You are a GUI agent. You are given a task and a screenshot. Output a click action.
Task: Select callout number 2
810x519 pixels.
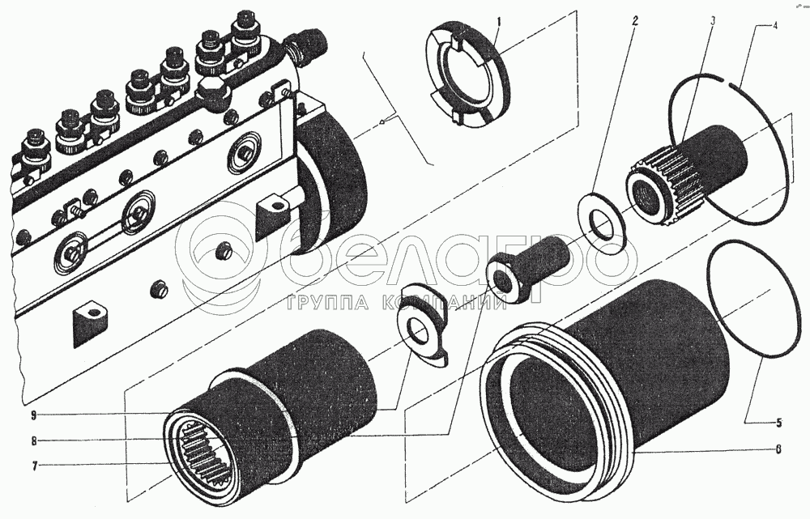tap(635, 21)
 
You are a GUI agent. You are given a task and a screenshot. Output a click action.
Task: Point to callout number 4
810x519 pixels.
tap(775, 27)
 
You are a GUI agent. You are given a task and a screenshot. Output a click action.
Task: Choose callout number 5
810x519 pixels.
tap(778, 422)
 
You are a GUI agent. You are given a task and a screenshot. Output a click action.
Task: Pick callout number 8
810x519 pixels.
tap(33, 441)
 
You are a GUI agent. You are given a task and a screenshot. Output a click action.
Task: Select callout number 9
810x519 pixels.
tap(33, 415)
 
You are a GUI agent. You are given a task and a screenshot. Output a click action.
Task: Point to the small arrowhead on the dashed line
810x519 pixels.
tap(382, 122)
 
